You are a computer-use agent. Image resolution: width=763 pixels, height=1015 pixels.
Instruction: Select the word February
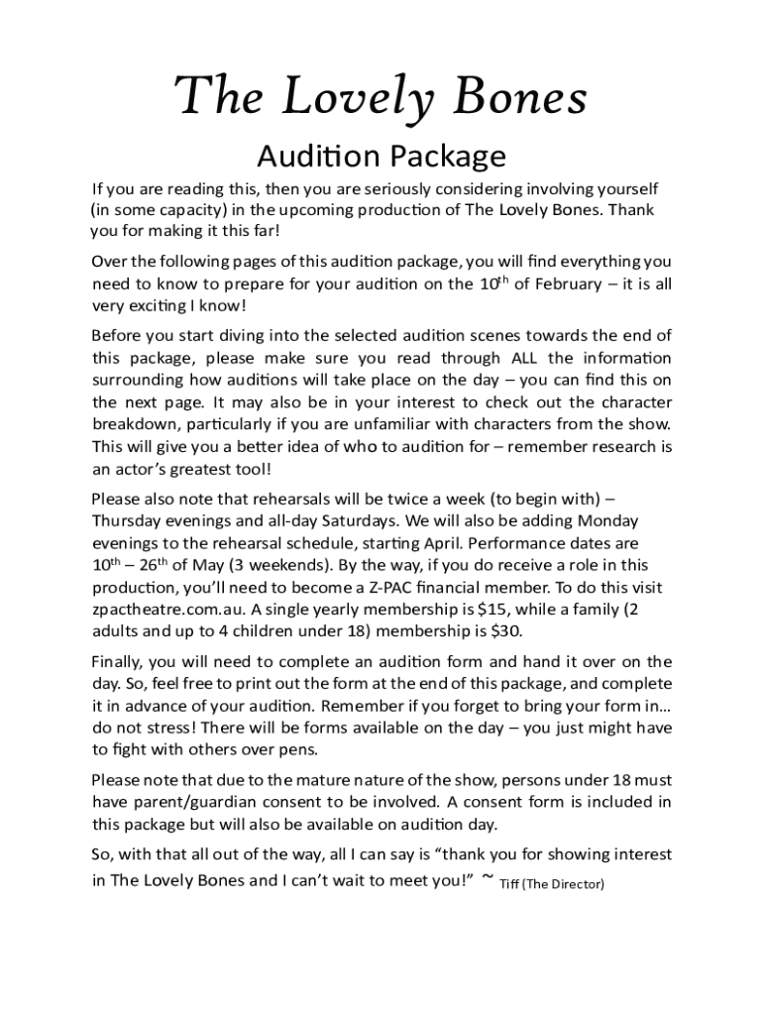[560, 283]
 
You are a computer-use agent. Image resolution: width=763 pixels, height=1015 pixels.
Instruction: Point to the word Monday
[604, 520]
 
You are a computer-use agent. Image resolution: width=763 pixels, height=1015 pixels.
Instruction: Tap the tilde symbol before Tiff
[486, 878]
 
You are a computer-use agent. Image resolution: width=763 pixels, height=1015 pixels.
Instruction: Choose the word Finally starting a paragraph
[118, 661]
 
